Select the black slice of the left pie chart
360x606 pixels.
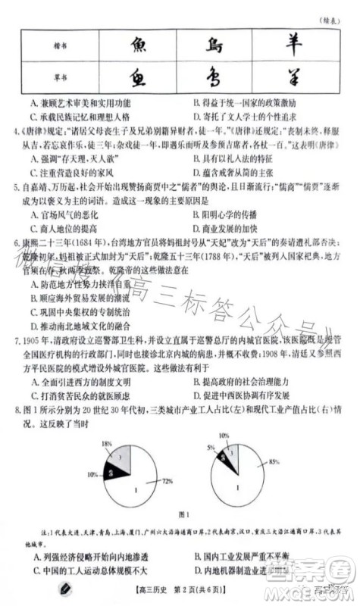coord(112,473)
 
